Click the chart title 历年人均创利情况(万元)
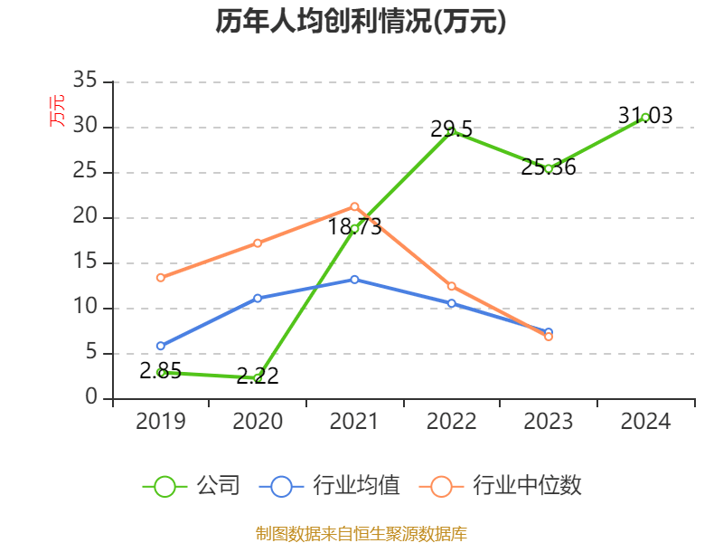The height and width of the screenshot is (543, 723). [x=361, y=21]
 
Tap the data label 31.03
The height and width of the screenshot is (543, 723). [x=645, y=116]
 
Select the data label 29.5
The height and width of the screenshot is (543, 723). [x=451, y=129]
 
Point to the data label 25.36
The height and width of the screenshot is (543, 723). [x=549, y=167]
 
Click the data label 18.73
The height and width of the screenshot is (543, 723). [x=354, y=227]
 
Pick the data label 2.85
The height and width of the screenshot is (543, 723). [x=160, y=369]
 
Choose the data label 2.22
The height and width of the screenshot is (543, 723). [x=258, y=376]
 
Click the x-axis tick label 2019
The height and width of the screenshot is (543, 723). [x=160, y=422]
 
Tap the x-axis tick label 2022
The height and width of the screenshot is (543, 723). [x=451, y=422]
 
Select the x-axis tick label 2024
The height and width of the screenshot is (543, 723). [x=645, y=422]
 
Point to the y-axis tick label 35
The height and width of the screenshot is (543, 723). [x=85, y=81]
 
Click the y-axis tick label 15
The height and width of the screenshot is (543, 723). [x=85, y=262]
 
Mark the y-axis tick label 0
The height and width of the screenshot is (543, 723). [x=91, y=398]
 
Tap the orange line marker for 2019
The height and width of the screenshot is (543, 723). [x=160, y=278]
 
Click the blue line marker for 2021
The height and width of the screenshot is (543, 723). [x=354, y=279]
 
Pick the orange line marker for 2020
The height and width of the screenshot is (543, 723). [x=258, y=243]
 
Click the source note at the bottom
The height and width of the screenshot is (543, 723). [x=361, y=533]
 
